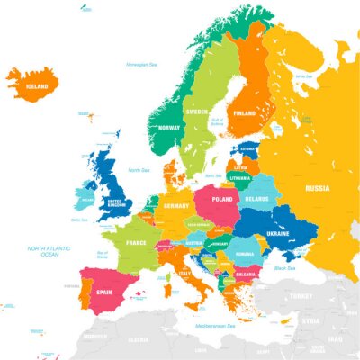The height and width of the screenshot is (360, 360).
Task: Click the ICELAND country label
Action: [38, 86]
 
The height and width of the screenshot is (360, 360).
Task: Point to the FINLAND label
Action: [245, 115]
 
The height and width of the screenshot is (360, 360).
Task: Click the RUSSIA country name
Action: [317, 189]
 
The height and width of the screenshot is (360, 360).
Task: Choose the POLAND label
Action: [221, 200]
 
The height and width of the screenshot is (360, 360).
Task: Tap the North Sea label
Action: [139, 170]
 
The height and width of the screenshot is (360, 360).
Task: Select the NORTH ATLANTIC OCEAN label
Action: [49, 250]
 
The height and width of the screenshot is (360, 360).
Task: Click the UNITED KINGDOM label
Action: [115, 203]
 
